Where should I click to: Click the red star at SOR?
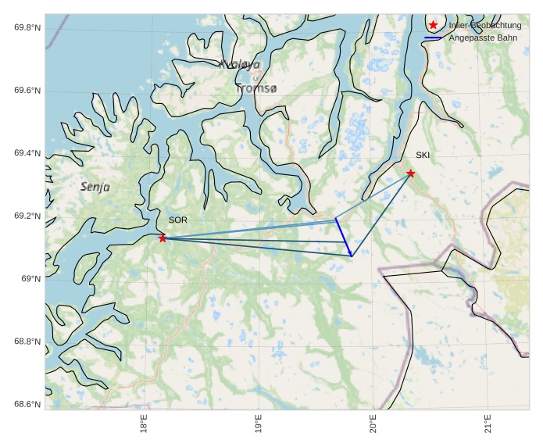(163, 238)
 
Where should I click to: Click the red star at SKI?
(410, 173)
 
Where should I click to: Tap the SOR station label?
(178, 220)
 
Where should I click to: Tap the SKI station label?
(423, 155)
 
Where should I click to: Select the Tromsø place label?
(256, 89)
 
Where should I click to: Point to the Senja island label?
(95, 187)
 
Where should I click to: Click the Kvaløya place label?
(239, 65)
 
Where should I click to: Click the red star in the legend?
(434, 25)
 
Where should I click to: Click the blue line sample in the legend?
(434, 38)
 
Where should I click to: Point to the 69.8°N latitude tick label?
(27, 28)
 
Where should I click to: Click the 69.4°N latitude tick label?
(27, 154)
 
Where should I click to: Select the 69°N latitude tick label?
(30, 279)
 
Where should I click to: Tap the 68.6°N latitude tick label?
(27, 404)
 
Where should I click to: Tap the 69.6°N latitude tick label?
(27, 91)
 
